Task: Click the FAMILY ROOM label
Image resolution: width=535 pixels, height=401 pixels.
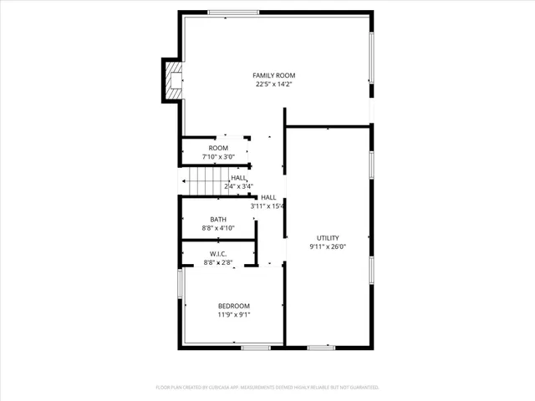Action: [274, 75]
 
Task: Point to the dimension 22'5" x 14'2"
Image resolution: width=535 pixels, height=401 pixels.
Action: [274, 84]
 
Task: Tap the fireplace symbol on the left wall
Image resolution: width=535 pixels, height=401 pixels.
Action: [172, 80]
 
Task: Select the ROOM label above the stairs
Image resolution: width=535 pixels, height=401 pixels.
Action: [218, 148]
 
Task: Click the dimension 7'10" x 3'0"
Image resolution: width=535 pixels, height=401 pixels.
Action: [218, 156]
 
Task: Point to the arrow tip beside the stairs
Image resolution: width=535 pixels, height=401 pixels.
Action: [181, 180]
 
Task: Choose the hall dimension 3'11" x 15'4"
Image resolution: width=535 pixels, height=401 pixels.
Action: [268, 206]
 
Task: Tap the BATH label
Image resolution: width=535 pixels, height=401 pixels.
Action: [217, 219]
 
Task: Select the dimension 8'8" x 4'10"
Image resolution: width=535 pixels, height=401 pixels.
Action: [217, 227]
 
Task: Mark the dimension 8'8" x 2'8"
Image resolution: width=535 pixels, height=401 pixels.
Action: [217, 262]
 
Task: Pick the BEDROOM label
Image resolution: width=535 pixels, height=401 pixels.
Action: [234, 306]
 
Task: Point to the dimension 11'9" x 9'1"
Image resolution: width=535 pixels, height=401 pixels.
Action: [234, 315]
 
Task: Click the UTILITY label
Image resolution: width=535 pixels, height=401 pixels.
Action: [328, 237]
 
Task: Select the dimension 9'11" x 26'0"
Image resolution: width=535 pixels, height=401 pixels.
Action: [328, 246]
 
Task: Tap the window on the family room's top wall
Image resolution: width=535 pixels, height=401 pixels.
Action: [232, 13]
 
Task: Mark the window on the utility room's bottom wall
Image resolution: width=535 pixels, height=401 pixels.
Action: [320, 347]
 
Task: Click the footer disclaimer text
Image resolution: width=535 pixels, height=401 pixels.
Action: [267, 388]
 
